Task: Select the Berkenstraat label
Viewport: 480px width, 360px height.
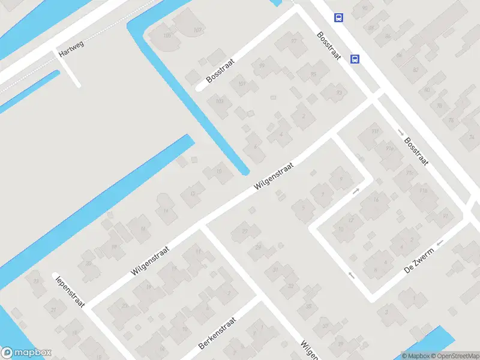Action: point(218,334)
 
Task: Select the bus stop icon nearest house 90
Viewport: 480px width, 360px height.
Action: point(339,17)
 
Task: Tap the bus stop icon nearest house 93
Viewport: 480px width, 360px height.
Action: point(355,59)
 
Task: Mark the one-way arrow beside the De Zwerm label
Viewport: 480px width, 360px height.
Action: point(441,243)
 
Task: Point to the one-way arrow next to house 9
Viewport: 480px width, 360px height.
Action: point(356,191)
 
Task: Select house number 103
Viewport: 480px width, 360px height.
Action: point(220,101)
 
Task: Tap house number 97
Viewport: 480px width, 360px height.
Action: point(294,41)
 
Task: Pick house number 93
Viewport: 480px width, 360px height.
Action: point(339,92)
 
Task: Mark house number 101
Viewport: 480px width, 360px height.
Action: point(242,83)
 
